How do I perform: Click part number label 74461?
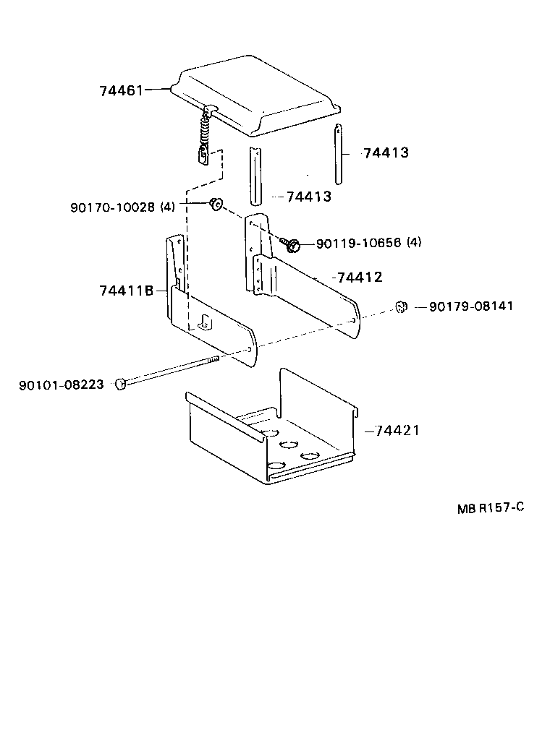pyautogui.click(x=122, y=90)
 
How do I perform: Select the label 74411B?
pyautogui.click(x=127, y=291)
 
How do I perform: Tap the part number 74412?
pyautogui.click(x=360, y=278)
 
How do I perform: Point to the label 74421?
pyautogui.click(x=397, y=431)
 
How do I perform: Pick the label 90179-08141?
pyautogui.click(x=471, y=306)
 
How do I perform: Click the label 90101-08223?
pyautogui.click(x=61, y=384)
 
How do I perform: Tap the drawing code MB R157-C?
pyautogui.click(x=490, y=507)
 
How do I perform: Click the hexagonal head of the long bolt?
pyautogui.click(x=120, y=384)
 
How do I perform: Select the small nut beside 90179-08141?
pyautogui.click(x=400, y=306)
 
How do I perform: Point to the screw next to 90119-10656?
pyautogui.click(x=292, y=245)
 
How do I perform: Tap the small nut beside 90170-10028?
pyautogui.click(x=215, y=204)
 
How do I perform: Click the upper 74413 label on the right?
pyautogui.click(x=386, y=153)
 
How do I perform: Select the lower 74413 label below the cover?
pyautogui.click(x=309, y=197)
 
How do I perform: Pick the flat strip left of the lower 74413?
pyautogui.click(x=255, y=176)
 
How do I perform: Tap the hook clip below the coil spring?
pyautogui.click(x=204, y=156)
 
